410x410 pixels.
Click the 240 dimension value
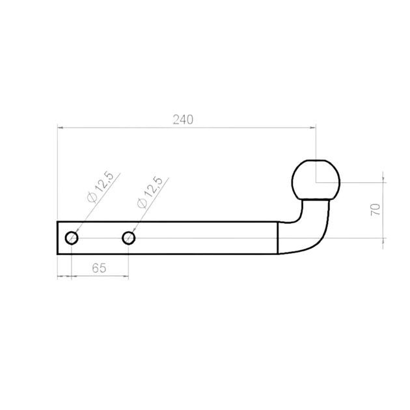point(183,120)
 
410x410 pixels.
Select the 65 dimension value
point(99,267)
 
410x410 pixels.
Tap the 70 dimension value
point(376,209)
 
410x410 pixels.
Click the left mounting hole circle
point(72,238)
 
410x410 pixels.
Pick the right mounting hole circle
point(129,238)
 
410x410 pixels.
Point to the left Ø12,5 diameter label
point(101,187)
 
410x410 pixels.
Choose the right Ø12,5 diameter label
point(150,192)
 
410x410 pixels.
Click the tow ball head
point(316,180)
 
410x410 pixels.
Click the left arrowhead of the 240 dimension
point(60,128)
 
